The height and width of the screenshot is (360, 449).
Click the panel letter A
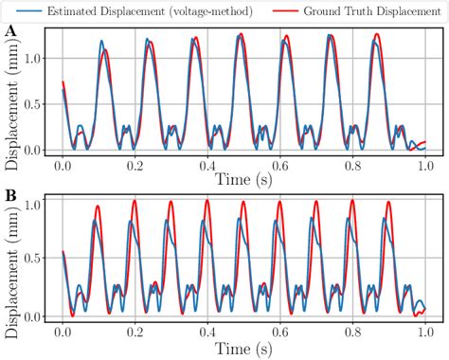10,32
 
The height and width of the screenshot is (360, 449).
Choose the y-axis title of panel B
11,261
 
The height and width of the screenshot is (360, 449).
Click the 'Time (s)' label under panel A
243,177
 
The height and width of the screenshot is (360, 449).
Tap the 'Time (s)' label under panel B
243,348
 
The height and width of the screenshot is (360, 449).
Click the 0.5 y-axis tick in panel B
35,259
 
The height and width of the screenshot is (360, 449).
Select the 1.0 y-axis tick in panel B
35,203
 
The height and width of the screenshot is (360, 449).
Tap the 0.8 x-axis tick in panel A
353,164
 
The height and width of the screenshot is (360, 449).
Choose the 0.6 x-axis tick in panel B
280,333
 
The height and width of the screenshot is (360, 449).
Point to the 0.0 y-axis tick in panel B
35,315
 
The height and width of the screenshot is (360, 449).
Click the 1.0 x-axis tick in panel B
424,333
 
